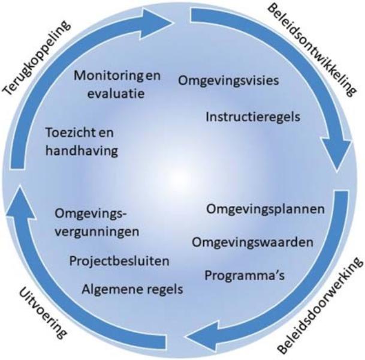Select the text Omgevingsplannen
coord(266,209)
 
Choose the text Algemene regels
coord(131,289)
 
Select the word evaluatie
coord(114,94)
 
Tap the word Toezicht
coord(71,132)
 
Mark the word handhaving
coord(79,150)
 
